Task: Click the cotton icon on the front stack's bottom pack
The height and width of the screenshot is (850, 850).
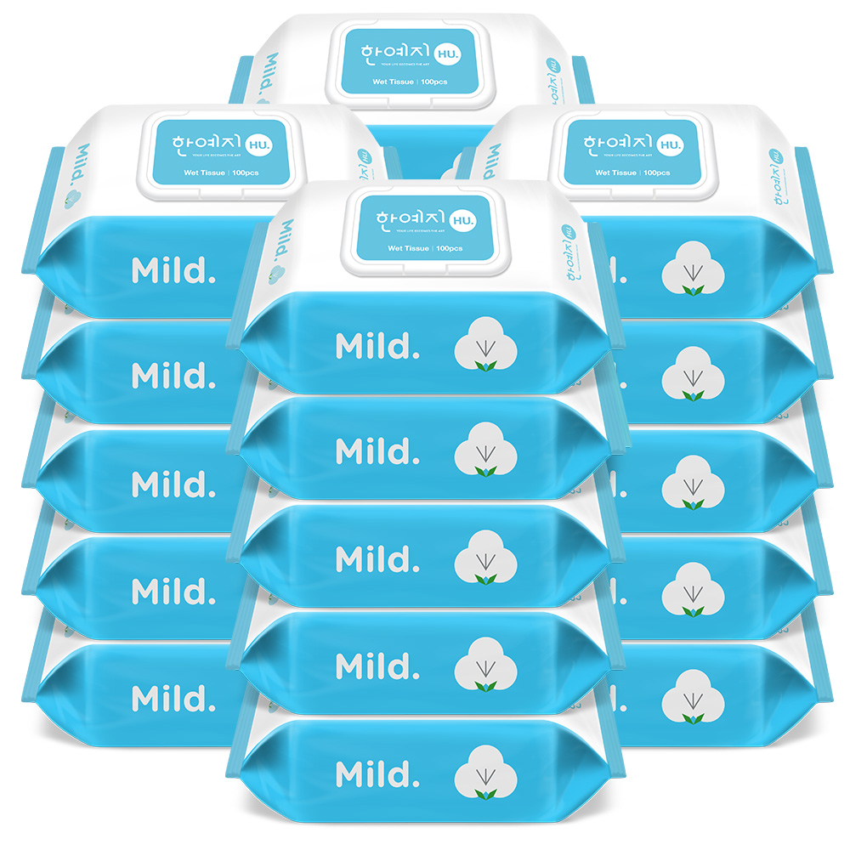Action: coord(487,773)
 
